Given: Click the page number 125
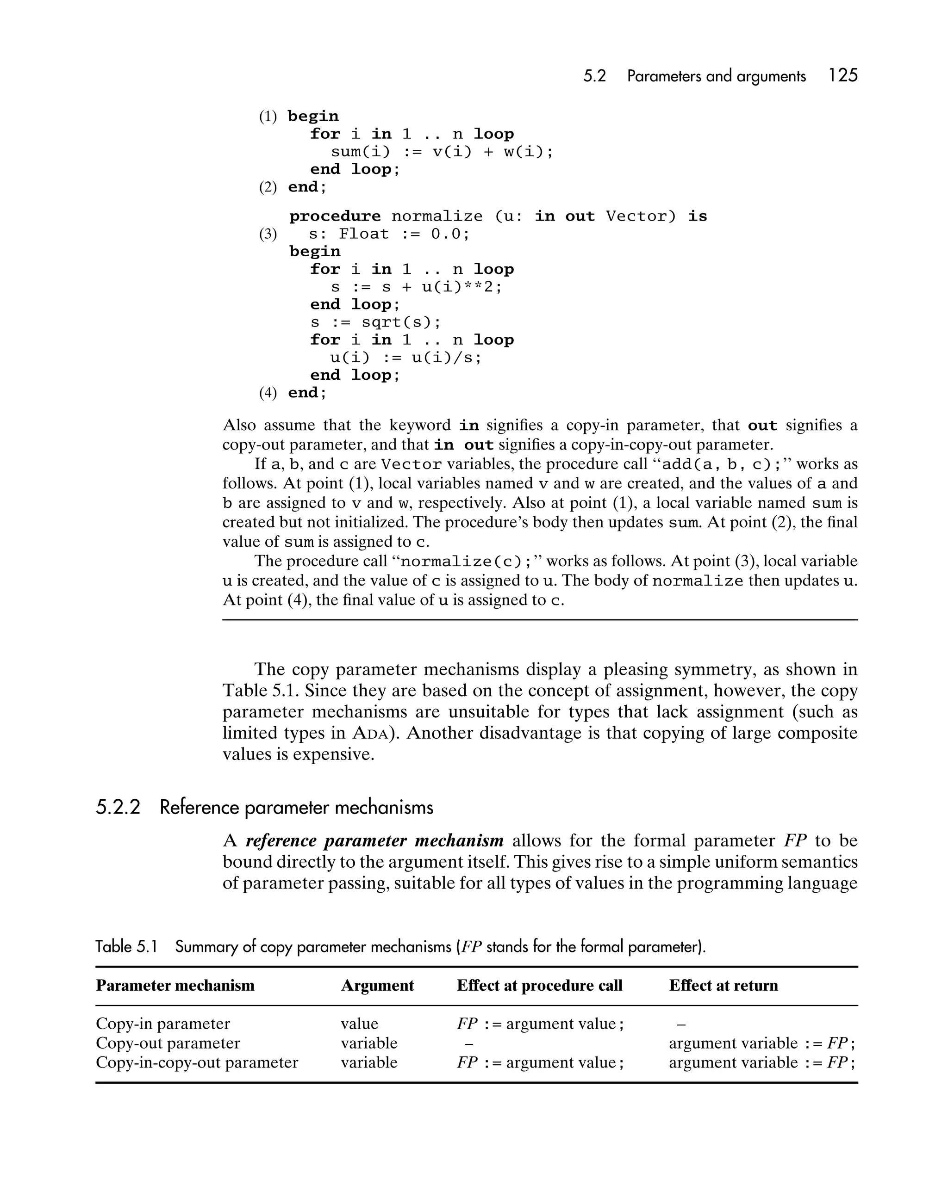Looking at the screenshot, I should pos(843,75).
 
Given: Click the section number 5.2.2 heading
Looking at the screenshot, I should pos(118,807).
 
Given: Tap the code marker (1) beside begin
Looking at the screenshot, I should pos(268,117).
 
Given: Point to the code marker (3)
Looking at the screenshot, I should pos(268,234).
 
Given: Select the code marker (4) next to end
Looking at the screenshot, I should pos(268,393).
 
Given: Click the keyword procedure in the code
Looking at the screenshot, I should pos(334,216).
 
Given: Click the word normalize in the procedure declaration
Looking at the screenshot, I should pos(437,216).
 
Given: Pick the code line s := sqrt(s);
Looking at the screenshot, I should pos(375,322).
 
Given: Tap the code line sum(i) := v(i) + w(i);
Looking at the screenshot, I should pos(442,151).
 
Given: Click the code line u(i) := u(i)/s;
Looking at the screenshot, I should pos(405,358).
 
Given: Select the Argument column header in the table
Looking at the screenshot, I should pos(377,985).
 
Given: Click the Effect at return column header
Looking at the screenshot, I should pos(723,985).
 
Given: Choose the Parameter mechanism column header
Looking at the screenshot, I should pos(175,985).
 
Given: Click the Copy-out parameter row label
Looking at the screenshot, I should pos(168,1043).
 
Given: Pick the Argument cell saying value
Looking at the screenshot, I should pos(359,1023).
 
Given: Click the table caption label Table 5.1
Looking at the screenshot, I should pos(126,947).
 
